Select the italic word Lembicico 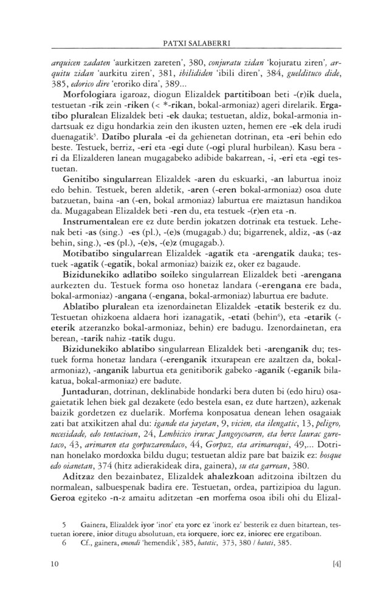coord(179,444)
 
